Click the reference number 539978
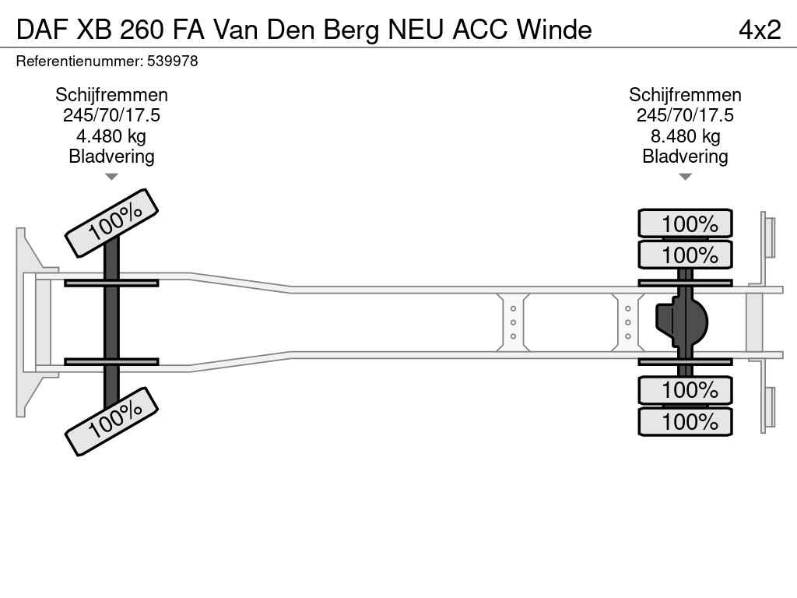[x=172, y=62]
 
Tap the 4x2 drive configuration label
[x=760, y=30]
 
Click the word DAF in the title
[x=42, y=30]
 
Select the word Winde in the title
[x=554, y=30]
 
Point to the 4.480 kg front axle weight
[x=111, y=136]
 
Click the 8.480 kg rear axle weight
[x=685, y=136]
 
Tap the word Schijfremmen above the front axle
[x=111, y=95]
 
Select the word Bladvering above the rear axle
[x=685, y=157]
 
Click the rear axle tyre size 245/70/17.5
[x=685, y=115]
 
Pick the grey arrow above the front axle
[x=111, y=177]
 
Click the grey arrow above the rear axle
[x=685, y=177]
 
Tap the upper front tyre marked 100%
[x=112, y=223]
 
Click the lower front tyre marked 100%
[x=112, y=421]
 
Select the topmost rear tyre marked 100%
[x=685, y=223]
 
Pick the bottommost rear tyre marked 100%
[x=685, y=421]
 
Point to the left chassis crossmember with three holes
[x=513, y=322]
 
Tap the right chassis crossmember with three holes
[x=628, y=322]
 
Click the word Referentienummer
[x=80, y=62]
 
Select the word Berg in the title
[x=352, y=30]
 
